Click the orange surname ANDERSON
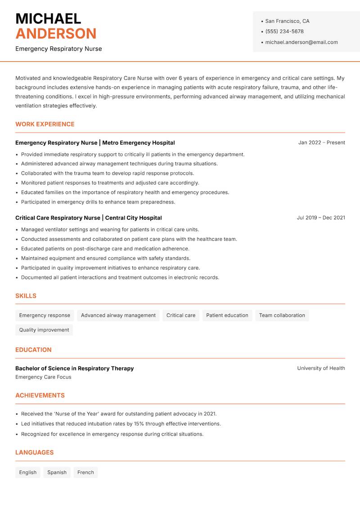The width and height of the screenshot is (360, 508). [56, 34]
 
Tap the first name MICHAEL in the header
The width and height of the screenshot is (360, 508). [48, 18]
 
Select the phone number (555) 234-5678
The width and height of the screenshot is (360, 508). [284, 31]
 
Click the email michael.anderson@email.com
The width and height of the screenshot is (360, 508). [301, 42]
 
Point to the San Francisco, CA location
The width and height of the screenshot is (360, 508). [287, 21]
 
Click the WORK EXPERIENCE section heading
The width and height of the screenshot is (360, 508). [45, 124]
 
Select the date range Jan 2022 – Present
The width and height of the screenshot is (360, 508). [321, 143]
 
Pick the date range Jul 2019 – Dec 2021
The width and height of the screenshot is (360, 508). [320, 218]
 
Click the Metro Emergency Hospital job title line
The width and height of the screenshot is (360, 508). [95, 143]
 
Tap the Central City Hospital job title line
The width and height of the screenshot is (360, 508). [88, 218]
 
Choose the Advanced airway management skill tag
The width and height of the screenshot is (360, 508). [118, 315]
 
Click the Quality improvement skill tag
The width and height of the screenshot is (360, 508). [44, 330]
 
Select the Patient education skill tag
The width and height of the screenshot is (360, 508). [227, 315]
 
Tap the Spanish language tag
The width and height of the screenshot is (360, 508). [57, 472]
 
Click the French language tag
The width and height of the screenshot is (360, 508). [85, 472]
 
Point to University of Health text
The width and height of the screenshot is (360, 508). [321, 368]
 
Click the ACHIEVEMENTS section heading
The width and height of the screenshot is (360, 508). [40, 395]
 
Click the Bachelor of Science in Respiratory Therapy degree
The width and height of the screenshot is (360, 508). [74, 368]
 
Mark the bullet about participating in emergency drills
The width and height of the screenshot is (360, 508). [98, 202]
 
